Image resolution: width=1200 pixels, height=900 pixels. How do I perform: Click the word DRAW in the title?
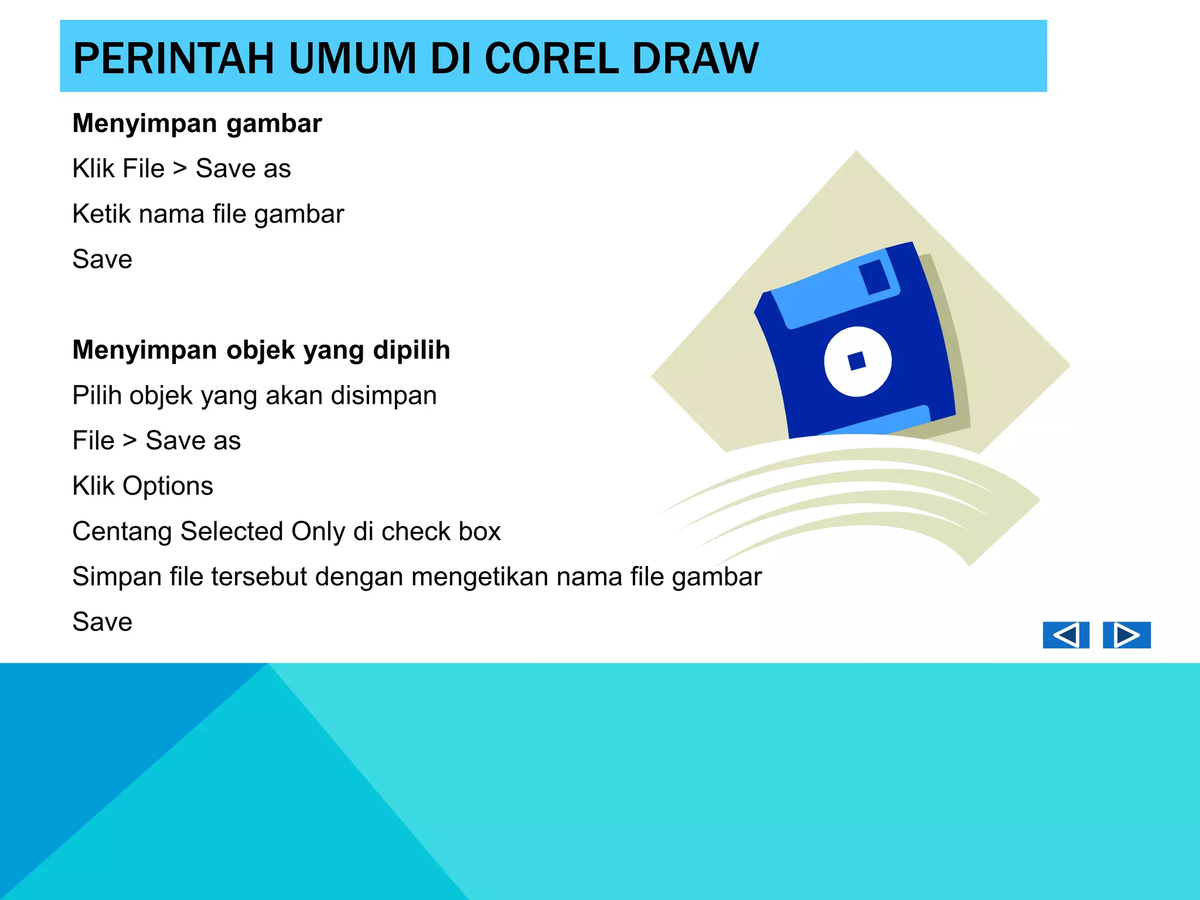pyautogui.click(x=696, y=59)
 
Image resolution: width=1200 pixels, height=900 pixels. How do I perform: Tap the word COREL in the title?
pyautogui.click(x=552, y=59)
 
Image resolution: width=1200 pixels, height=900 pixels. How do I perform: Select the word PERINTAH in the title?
pyautogui.click(x=173, y=59)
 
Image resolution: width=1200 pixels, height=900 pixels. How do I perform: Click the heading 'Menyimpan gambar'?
pyautogui.click(x=197, y=124)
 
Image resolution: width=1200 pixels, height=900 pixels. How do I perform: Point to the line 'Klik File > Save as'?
pyautogui.click(x=182, y=169)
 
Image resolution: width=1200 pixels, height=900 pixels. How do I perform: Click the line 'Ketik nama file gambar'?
pyautogui.click(x=208, y=214)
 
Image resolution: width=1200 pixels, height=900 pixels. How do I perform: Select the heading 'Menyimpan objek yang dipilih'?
pyautogui.click(x=261, y=350)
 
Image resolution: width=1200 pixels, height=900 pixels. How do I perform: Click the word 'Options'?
pyautogui.click(x=168, y=486)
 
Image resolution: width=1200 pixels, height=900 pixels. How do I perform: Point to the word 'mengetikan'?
pyautogui.click(x=480, y=577)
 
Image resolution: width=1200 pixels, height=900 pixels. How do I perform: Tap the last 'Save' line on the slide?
pyautogui.click(x=103, y=622)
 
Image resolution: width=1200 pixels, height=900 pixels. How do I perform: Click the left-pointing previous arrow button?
pyautogui.click(x=1065, y=635)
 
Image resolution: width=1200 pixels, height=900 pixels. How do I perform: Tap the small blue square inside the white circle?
pyautogui.click(x=857, y=361)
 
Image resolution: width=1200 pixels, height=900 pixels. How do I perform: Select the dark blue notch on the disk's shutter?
pyautogui.click(x=875, y=277)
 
